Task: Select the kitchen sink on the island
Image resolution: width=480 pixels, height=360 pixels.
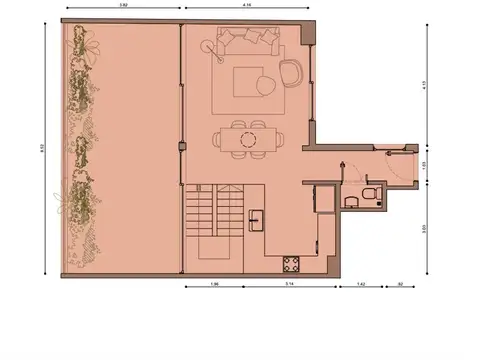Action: [258, 214]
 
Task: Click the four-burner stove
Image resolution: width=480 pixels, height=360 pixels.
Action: [292, 264]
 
